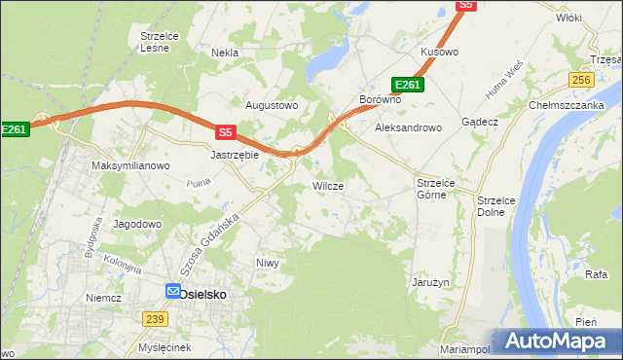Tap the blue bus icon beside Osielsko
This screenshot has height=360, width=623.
click(x=172, y=291)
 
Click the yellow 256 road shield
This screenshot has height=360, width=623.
click(x=582, y=80)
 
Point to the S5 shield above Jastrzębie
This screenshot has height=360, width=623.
click(x=226, y=132)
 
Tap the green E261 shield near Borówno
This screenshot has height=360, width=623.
click(x=407, y=86)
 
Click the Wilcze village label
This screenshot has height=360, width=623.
click(x=327, y=185)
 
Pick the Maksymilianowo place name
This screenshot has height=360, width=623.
click(x=130, y=165)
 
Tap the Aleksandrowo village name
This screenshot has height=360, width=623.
click(x=409, y=127)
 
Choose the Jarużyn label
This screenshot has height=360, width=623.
click(x=429, y=282)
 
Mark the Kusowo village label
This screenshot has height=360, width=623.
click(x=438, y=51)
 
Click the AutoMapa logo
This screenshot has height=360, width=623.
click(x=557, y=341)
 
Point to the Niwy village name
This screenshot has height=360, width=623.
click(x=267, y=263)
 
